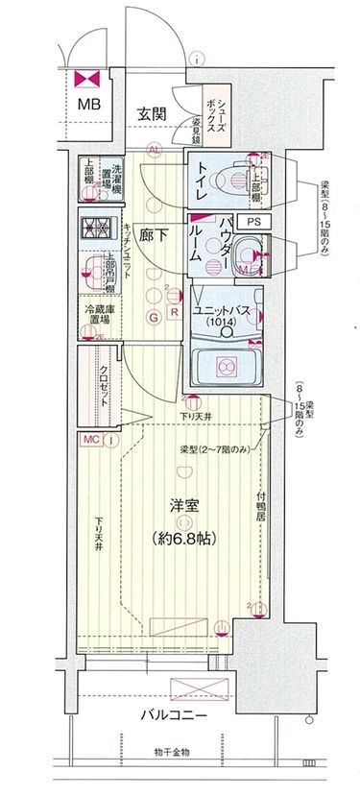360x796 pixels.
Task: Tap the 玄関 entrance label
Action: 152,114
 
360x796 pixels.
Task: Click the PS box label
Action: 252,221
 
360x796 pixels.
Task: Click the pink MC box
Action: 91,440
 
